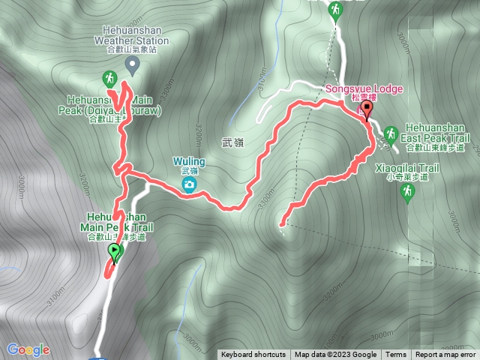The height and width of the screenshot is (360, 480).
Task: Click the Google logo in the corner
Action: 28,349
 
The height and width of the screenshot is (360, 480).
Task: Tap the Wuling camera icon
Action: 190,184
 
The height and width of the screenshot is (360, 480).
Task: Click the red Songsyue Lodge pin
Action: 367,111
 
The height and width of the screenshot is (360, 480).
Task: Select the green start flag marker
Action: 114,251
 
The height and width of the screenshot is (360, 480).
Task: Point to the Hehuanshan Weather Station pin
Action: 132,66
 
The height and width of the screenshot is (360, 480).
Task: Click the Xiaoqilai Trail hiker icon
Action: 407,193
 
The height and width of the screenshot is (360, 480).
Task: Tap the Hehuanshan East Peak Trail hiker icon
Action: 390,134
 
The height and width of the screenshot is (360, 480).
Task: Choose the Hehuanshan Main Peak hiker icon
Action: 109,78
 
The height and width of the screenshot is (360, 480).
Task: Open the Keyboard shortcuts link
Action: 253,355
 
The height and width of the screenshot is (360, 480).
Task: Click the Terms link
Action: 395,355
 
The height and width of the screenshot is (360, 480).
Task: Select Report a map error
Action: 445,355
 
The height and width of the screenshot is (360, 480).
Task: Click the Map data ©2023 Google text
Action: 335,355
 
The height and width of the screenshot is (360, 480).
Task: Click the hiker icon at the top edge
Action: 334,9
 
